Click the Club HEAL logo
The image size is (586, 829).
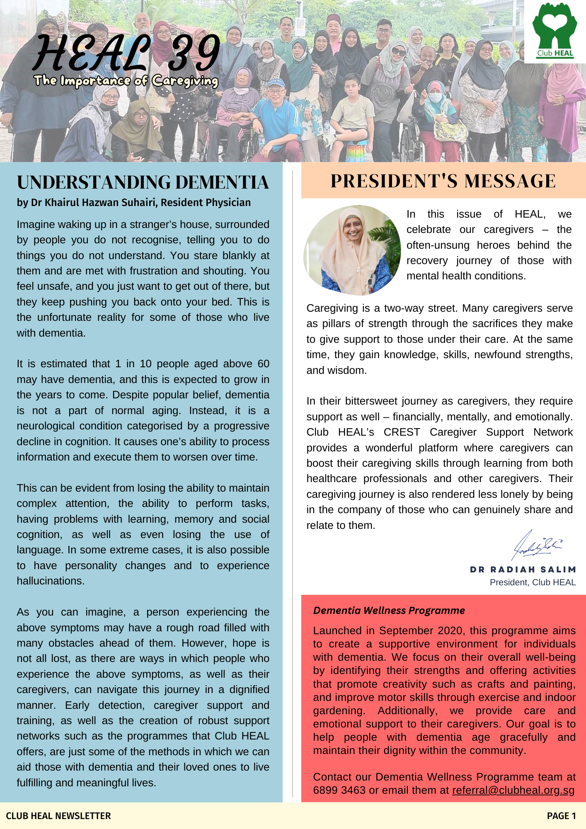[555, 31]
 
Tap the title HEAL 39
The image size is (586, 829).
[126, 53]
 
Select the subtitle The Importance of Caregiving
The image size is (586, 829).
[126, 81]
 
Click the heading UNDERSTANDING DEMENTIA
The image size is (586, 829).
[143, 182]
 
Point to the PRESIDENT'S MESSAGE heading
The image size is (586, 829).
[443, 181]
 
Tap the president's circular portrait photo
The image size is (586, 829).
[352, 250]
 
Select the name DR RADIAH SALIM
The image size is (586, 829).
[523, 570]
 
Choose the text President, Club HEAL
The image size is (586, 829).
[533, 582]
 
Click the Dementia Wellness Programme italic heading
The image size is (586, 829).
[389, 611]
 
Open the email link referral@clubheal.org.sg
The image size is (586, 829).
[513, 790]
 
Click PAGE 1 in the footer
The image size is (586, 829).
[561, 816]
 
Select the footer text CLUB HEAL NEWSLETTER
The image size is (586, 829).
[58, 816]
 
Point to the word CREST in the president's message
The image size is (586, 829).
[402, 432]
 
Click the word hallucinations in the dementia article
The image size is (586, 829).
[50, 581]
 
